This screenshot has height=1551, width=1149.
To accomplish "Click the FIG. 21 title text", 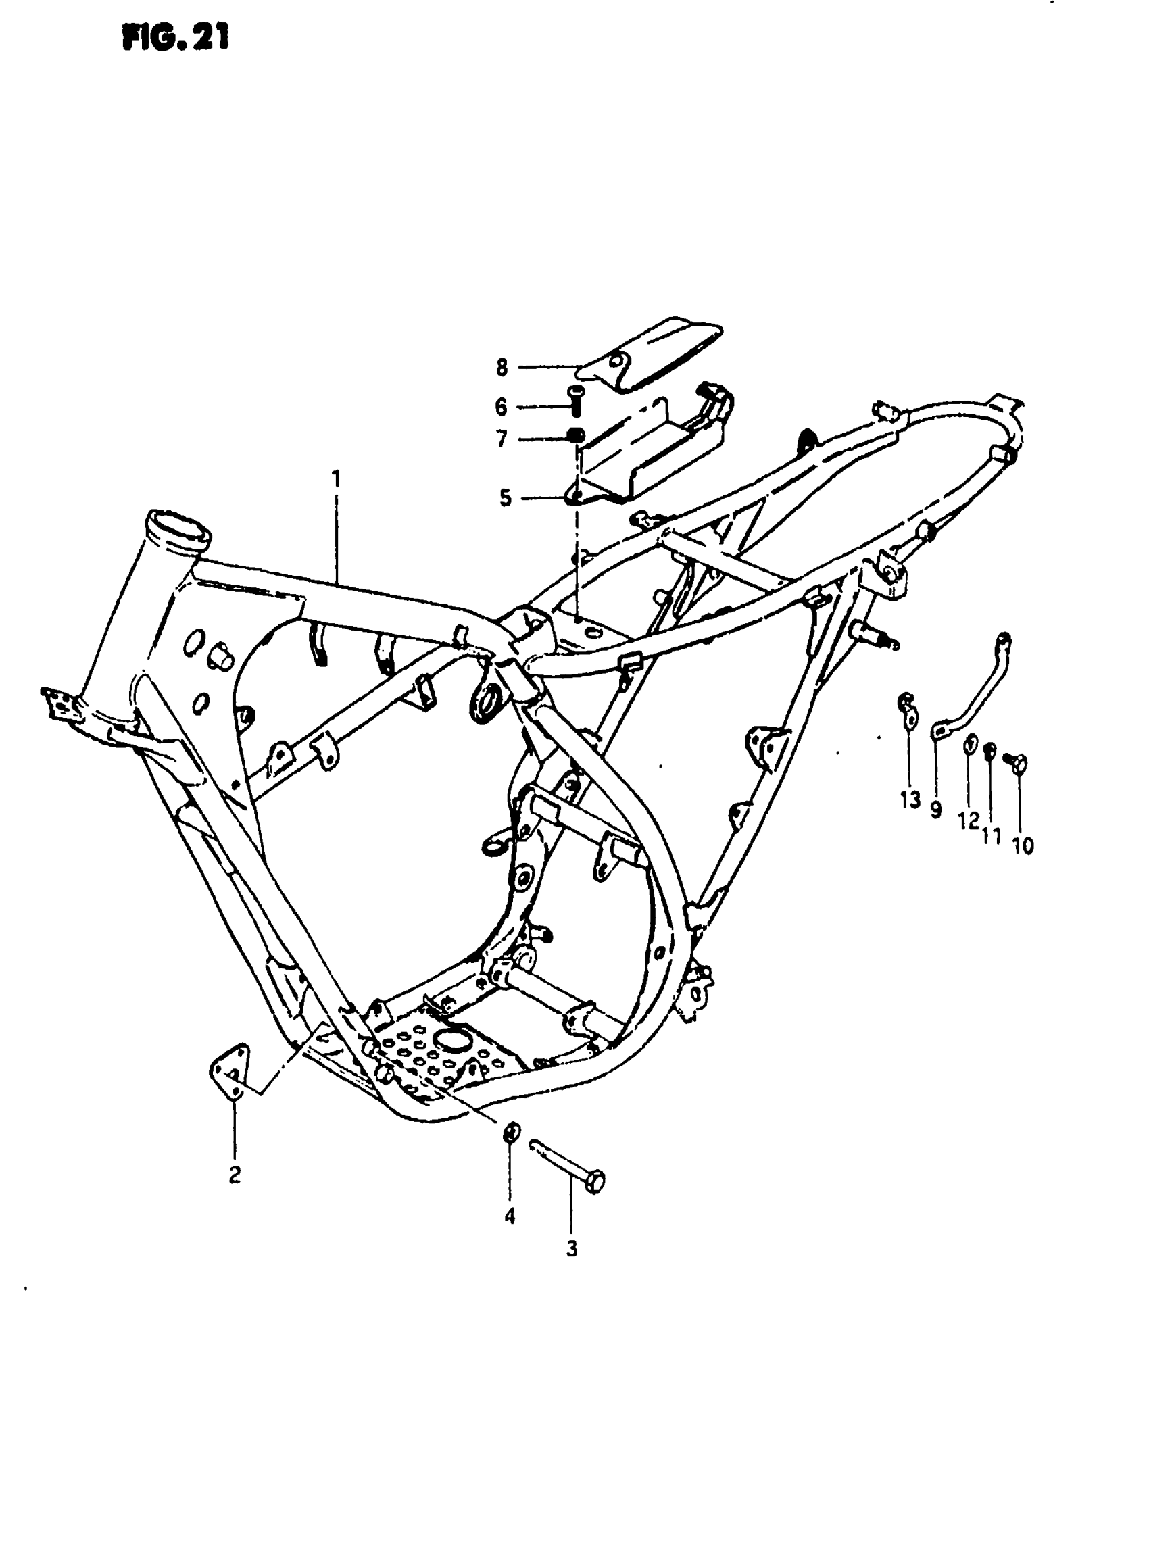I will click(175, 38).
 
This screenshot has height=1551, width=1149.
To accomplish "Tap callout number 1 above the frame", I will click(337, 479).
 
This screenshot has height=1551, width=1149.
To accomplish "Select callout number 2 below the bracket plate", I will click(235, 1175).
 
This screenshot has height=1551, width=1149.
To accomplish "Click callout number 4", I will click(510, 1216).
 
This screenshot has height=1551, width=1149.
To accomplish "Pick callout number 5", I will click(506, 498).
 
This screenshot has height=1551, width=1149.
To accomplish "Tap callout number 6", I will click(502, 407).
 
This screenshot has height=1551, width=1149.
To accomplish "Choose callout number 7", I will click(502, 439).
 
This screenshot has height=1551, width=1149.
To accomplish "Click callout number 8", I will click(502, 367).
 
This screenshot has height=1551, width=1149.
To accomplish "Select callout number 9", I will click(936, 810).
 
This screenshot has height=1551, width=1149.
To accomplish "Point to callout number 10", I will click(1023, 845).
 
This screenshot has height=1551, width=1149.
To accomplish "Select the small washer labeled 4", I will click(510, 1132).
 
